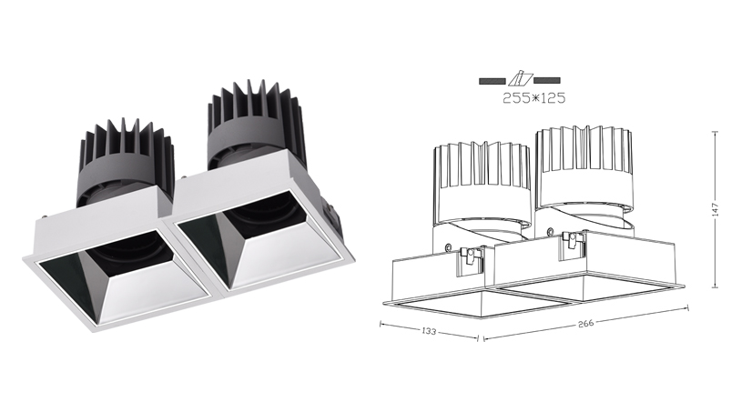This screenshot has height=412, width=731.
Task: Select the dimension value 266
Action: (x=585, y=323)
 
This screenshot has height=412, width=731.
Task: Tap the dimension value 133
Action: (x=429, y=331)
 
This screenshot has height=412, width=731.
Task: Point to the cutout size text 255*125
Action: (x=533, y=98)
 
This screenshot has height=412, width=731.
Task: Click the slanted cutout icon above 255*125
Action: (x=520, y=80)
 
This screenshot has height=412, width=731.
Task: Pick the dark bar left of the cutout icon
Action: (x=492, y=81)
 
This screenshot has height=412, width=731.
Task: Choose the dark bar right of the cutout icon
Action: (x=547, y=81)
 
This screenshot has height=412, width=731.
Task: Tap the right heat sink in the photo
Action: (x=256, y=126)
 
